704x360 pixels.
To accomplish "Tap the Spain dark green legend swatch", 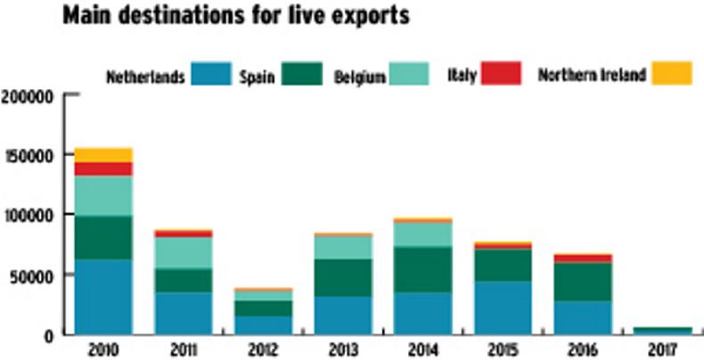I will coord(300,74).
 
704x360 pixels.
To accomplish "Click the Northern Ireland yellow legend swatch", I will coord(671,74).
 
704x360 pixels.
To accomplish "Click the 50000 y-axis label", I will coord(32,275).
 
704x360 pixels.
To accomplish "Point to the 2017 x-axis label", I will coord(662,348).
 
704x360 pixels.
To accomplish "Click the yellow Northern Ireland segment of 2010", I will coord(103,155).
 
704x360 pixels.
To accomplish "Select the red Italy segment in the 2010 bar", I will coord(103,169).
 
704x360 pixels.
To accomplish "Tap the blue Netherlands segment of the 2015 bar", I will coord(503,307).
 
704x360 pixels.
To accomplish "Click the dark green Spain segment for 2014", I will coord(422,269).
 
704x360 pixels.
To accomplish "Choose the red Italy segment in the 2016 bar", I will coord(583,258).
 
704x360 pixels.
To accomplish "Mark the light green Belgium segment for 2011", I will coord(184,252).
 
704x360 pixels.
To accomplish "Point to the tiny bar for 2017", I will coord(662,331).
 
